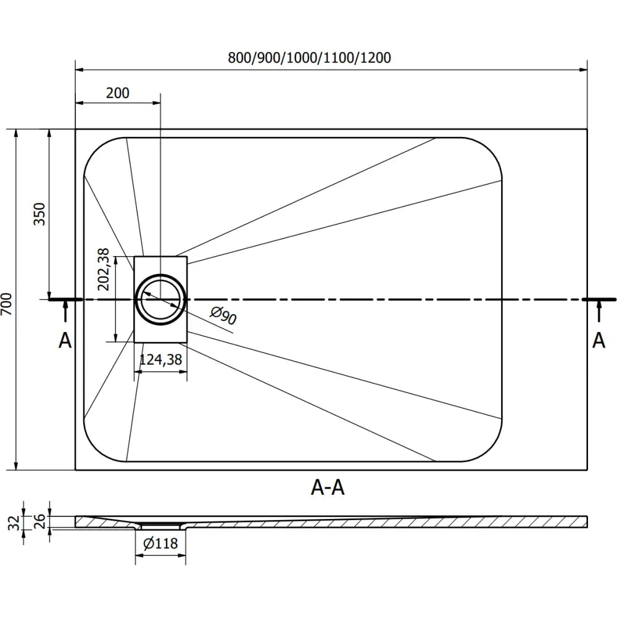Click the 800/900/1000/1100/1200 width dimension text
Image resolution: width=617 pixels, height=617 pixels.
309,57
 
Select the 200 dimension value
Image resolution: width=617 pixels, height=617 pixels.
118,93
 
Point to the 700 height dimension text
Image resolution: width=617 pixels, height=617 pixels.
7,304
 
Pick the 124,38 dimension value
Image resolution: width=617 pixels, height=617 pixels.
160,360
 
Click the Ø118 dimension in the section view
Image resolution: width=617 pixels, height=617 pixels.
160,544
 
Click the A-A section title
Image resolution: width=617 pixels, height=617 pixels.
327,488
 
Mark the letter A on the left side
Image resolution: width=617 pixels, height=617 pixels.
65,340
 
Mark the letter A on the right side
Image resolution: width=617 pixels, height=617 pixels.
598,340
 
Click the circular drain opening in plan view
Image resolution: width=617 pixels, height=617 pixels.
160,299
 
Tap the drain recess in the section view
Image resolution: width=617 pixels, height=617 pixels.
160,526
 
